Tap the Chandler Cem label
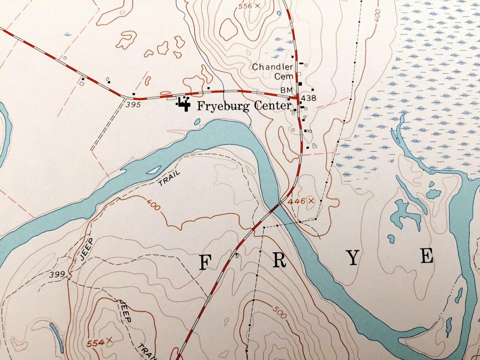(273, 71)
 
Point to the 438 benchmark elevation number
(308, 98)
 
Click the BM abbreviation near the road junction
(287, 90)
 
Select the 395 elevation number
(133, 105)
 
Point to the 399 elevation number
(57, 274)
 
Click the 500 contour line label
(279, 312)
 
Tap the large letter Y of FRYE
(353, 258)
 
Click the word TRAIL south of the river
(170, 178)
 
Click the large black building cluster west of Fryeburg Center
(183, 104)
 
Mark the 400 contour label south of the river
(153, 205)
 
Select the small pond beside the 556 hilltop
(278, 13)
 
